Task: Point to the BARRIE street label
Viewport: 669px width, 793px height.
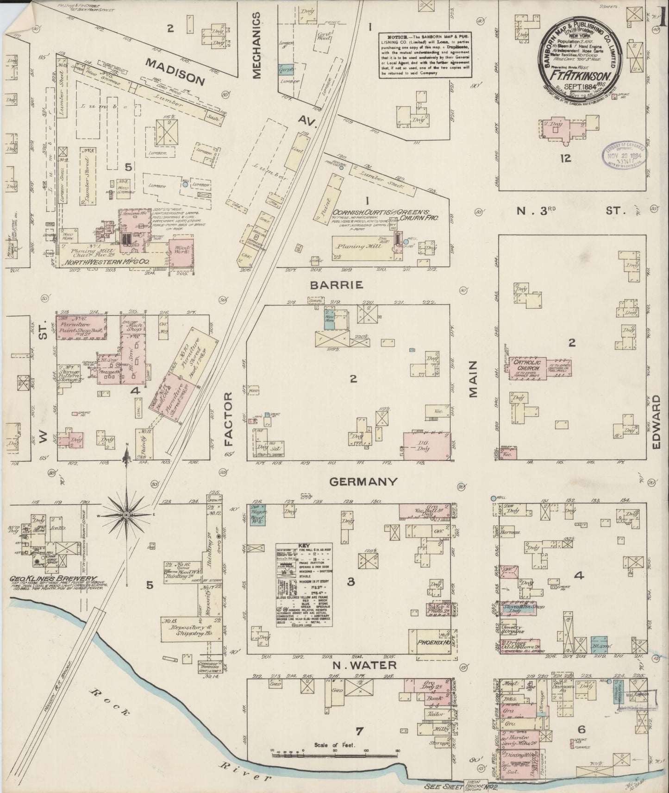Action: coord(343,285)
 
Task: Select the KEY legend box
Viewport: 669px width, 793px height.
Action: coord(304,585)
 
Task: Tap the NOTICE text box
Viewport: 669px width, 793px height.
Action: coord(425,54)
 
